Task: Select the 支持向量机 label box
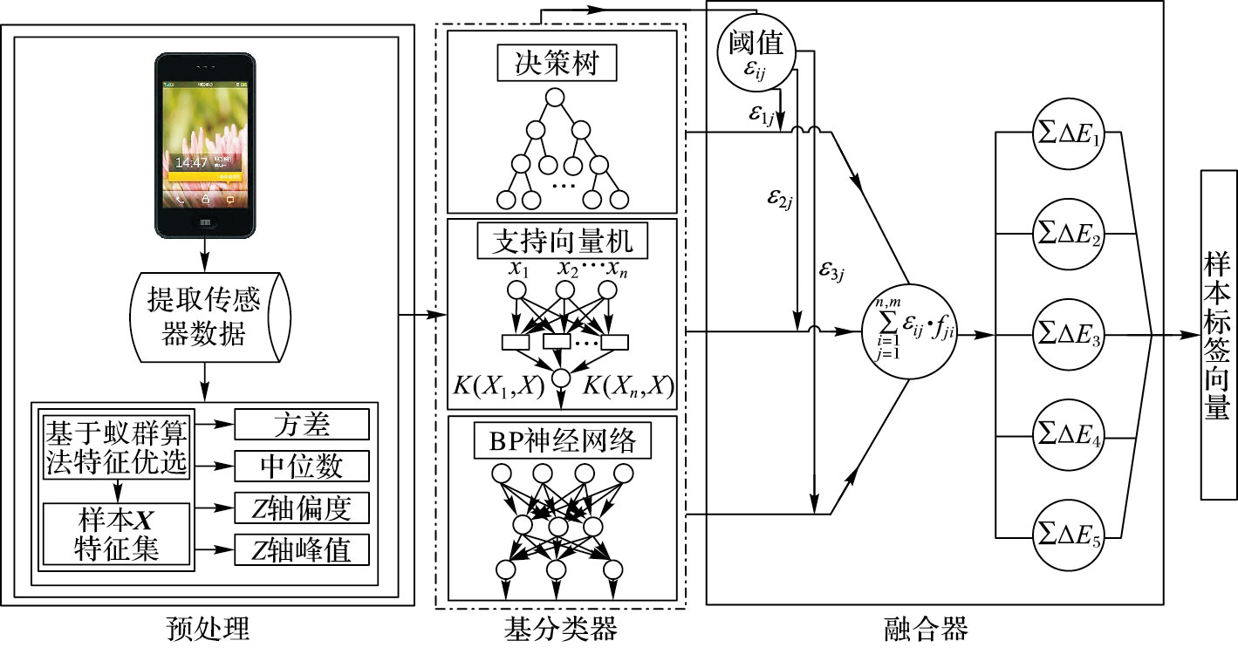point(562,241)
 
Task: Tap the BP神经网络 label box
point(562,441)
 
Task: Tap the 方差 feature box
point(302,425)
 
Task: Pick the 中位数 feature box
point(302,467)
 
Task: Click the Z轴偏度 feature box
point(302,508)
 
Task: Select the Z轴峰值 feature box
point(302,549)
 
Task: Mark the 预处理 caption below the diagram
point(207,629)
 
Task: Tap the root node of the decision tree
point(556,99)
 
